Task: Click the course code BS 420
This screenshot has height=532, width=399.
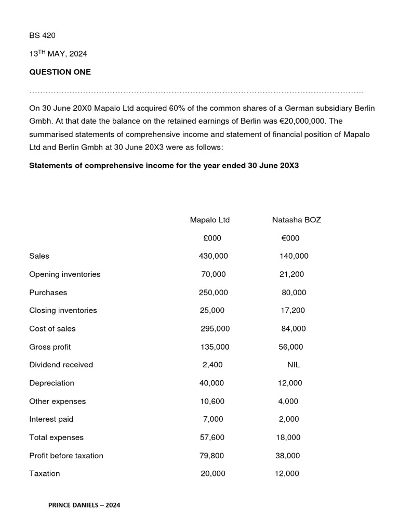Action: point(42,35)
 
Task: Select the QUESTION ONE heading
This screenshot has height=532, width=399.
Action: point(60,72)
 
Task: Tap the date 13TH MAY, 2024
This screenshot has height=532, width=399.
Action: point(58,54)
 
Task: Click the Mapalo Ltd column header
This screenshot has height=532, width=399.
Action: point(209,220)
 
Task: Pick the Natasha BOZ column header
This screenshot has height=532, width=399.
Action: point(296,220)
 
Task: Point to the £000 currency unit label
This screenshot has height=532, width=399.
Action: point(211,238)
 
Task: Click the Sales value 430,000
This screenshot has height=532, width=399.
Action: point(213,256)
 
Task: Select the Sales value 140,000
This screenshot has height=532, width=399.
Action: point(294,256)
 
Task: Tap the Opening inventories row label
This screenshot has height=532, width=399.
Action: point(65,274)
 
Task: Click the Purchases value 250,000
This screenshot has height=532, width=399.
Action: point(213,292)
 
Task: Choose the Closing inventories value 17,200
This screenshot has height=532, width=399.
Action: point(292,310)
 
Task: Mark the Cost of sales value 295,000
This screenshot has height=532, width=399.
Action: point(215,328)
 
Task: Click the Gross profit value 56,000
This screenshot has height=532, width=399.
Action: point(291,347)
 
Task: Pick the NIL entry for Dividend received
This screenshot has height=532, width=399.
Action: point(294,365)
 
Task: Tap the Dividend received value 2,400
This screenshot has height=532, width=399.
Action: point(212,365)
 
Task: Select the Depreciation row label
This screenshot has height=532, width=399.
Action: point(51,383)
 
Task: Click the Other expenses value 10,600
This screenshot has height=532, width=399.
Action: point(212,401)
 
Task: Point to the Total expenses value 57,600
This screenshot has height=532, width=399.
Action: point(212,437)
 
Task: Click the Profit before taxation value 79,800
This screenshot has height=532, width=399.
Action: point(212,456)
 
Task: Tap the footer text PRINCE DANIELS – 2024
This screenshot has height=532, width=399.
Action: point(84,504)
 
